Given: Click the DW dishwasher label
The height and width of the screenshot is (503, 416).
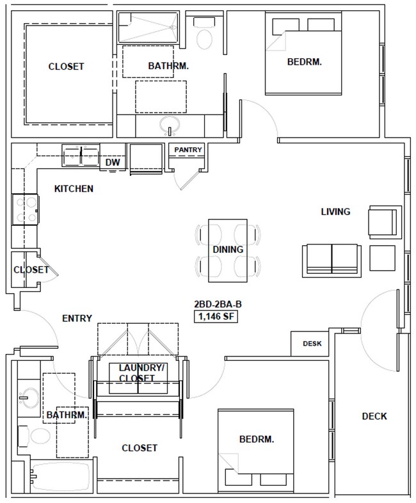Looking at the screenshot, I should click(113, 163).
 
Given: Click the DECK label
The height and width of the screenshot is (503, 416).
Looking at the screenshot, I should click(374, 416).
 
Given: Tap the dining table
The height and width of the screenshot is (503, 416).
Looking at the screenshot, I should click(228, 249).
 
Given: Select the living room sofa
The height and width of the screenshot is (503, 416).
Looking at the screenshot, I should click(331, 259).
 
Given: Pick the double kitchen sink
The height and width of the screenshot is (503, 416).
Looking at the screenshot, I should click(81, 154).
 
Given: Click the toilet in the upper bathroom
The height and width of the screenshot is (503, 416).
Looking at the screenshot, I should click(205, 35).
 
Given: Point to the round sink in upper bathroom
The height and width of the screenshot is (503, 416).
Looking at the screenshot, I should click(170, 124).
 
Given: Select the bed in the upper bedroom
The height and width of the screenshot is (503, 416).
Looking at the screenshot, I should click(305, 55).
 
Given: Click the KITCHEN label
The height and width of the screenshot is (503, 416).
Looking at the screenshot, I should click(74, 189).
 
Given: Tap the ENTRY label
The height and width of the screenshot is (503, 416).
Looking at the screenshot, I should click(77, 318).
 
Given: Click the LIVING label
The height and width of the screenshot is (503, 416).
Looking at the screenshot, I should click(335, 212).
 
